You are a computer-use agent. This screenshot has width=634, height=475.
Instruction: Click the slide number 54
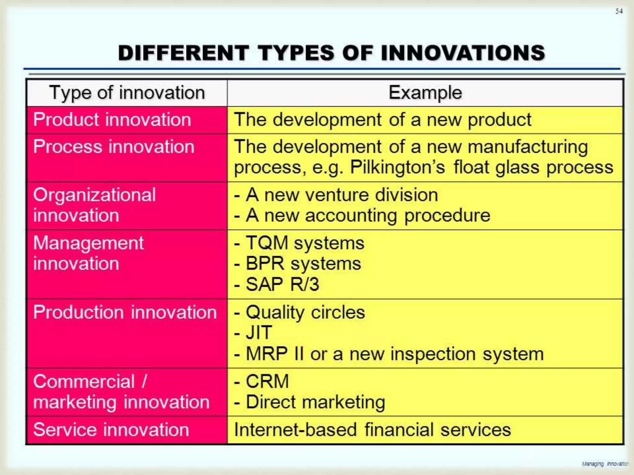619,11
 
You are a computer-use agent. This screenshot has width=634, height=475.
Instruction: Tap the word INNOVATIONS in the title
463,53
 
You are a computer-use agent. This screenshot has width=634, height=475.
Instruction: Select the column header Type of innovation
127,92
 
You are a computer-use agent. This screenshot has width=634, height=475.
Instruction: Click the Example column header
425,92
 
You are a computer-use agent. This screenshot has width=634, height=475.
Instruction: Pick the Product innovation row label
112,120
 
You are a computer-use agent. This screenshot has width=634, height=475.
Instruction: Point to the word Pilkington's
397,167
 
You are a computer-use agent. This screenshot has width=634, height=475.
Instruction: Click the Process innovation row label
114,147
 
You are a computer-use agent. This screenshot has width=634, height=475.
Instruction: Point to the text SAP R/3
282,284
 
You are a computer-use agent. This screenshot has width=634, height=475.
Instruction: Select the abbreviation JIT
259,333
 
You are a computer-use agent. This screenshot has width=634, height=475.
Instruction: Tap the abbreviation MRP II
274,354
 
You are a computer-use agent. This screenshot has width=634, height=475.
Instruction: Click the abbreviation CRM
267,381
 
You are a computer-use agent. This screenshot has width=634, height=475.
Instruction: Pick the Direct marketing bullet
315,402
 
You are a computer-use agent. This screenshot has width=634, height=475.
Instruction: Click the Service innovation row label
111,430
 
